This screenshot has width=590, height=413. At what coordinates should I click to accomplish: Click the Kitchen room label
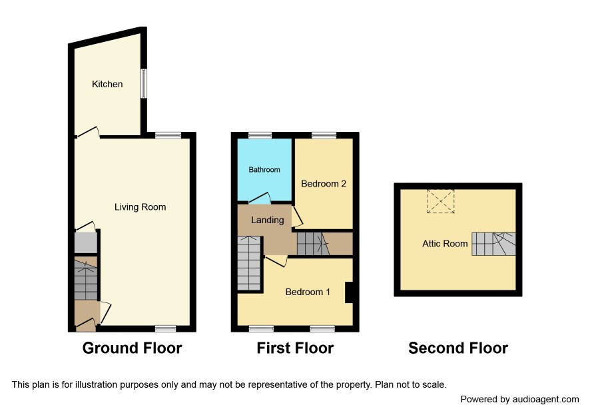[x=107, y=84]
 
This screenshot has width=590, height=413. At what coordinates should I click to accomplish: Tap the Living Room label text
[x=140, y=207]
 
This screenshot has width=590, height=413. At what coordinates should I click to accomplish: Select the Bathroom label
[x=264, y=170]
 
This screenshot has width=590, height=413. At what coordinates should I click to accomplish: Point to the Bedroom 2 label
[x=324, y=184]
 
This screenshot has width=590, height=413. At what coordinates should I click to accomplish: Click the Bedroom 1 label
[x=308, y=292]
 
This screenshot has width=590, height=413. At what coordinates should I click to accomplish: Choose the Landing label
[x=268, y=220]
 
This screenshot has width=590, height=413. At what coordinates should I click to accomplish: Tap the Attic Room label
[x=445, y=244]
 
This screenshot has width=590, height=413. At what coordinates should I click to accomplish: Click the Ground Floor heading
[x=132, y=348]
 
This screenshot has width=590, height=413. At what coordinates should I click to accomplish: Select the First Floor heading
[x=295, y=348]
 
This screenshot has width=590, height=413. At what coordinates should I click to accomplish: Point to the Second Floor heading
[x=458, y=348]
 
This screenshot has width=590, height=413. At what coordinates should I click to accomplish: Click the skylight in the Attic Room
[x=441, y=201]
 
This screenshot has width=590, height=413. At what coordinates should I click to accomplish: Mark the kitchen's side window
[x=143, y=83]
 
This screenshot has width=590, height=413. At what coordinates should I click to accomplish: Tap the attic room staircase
[x=493, y=244]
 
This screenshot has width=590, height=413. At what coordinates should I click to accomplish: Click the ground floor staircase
[x=86, y=278]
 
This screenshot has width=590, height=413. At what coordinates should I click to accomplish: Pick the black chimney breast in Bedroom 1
[x=349, y=292]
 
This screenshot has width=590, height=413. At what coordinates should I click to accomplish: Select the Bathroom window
[x=260, y=135]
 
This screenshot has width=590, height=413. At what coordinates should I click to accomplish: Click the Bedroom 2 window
[x=324, y=135]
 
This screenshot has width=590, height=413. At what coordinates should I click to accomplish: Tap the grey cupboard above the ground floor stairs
[x=86, y=243]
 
